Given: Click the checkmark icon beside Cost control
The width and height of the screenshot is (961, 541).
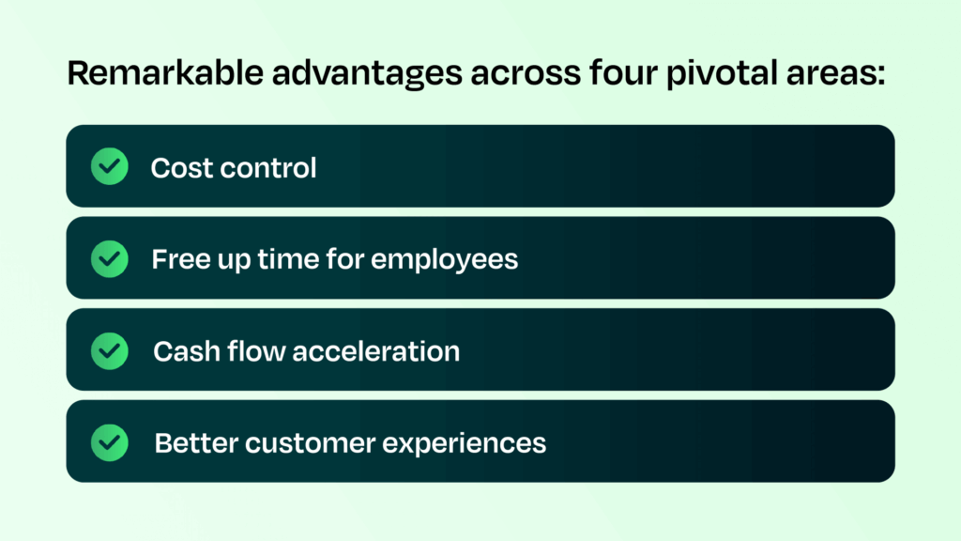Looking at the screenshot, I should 110,166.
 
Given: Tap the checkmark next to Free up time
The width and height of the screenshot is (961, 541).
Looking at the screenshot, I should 110,258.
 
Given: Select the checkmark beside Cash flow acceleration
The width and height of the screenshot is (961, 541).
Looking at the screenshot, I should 110,350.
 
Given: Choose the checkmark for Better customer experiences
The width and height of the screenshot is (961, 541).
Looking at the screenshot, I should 110,441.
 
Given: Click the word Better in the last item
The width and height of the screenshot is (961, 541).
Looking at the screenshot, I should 192,442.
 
